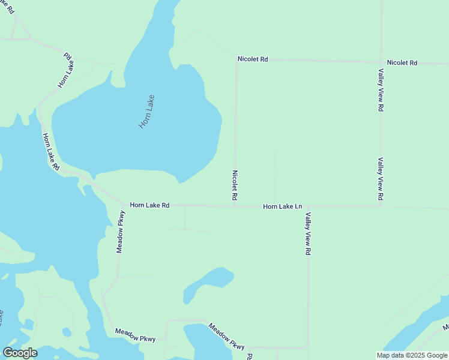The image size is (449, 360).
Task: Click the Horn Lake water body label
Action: [146, 112]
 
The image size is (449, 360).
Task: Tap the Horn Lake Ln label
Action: [282, 206]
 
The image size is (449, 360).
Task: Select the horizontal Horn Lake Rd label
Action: [149, 205]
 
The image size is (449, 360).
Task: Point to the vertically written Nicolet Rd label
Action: [235, 185]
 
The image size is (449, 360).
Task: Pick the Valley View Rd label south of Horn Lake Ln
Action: [307, 234]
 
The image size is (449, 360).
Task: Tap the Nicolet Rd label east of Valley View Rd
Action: [402, 62]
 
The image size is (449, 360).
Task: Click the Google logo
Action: [20, 352]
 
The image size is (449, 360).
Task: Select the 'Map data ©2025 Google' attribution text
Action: [412, 355]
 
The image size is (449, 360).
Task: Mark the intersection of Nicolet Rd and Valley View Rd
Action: [381, 62]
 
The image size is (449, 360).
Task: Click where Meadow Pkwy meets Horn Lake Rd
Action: [124, 205]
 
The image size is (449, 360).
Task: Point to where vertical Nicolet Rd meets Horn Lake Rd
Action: [234, 206]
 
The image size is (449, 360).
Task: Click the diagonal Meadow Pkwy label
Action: [227, 337]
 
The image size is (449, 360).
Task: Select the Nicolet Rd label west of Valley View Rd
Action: [252, 59]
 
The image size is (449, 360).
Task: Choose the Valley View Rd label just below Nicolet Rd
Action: [381, 90]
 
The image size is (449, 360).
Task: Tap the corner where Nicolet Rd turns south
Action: [237, 59]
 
